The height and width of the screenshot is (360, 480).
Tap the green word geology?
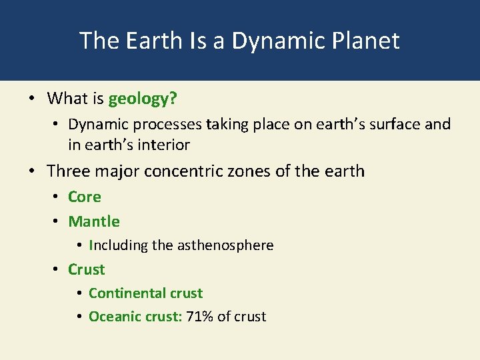[143, 99]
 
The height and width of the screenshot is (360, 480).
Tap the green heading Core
[85, 197]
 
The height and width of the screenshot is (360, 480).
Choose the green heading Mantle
[94, 221]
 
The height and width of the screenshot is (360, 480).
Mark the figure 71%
[200, 317]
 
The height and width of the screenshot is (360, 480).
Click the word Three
[69, 171]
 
